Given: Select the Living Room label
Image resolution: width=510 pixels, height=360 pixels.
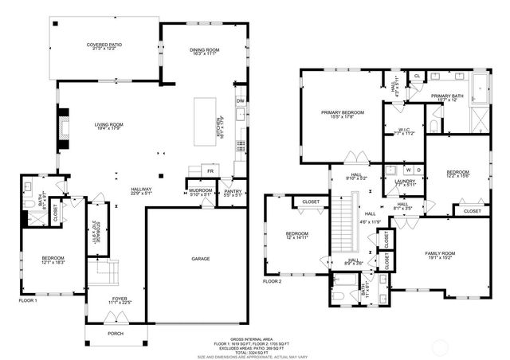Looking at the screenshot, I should (109, 124).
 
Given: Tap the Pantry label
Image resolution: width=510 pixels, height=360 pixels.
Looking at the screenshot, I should (233, 192).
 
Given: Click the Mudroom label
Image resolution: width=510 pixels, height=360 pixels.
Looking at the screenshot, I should (200, 192).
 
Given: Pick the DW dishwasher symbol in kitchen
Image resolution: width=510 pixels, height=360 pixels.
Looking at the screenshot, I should (239, 101).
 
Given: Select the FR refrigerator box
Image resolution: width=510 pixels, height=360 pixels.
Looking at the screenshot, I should (211, 171).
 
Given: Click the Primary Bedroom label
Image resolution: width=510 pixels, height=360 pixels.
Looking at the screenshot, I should (343, 113).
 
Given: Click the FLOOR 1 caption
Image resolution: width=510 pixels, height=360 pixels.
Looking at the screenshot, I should (29, 300).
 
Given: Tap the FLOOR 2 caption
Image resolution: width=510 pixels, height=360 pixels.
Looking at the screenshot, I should (273, 281).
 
